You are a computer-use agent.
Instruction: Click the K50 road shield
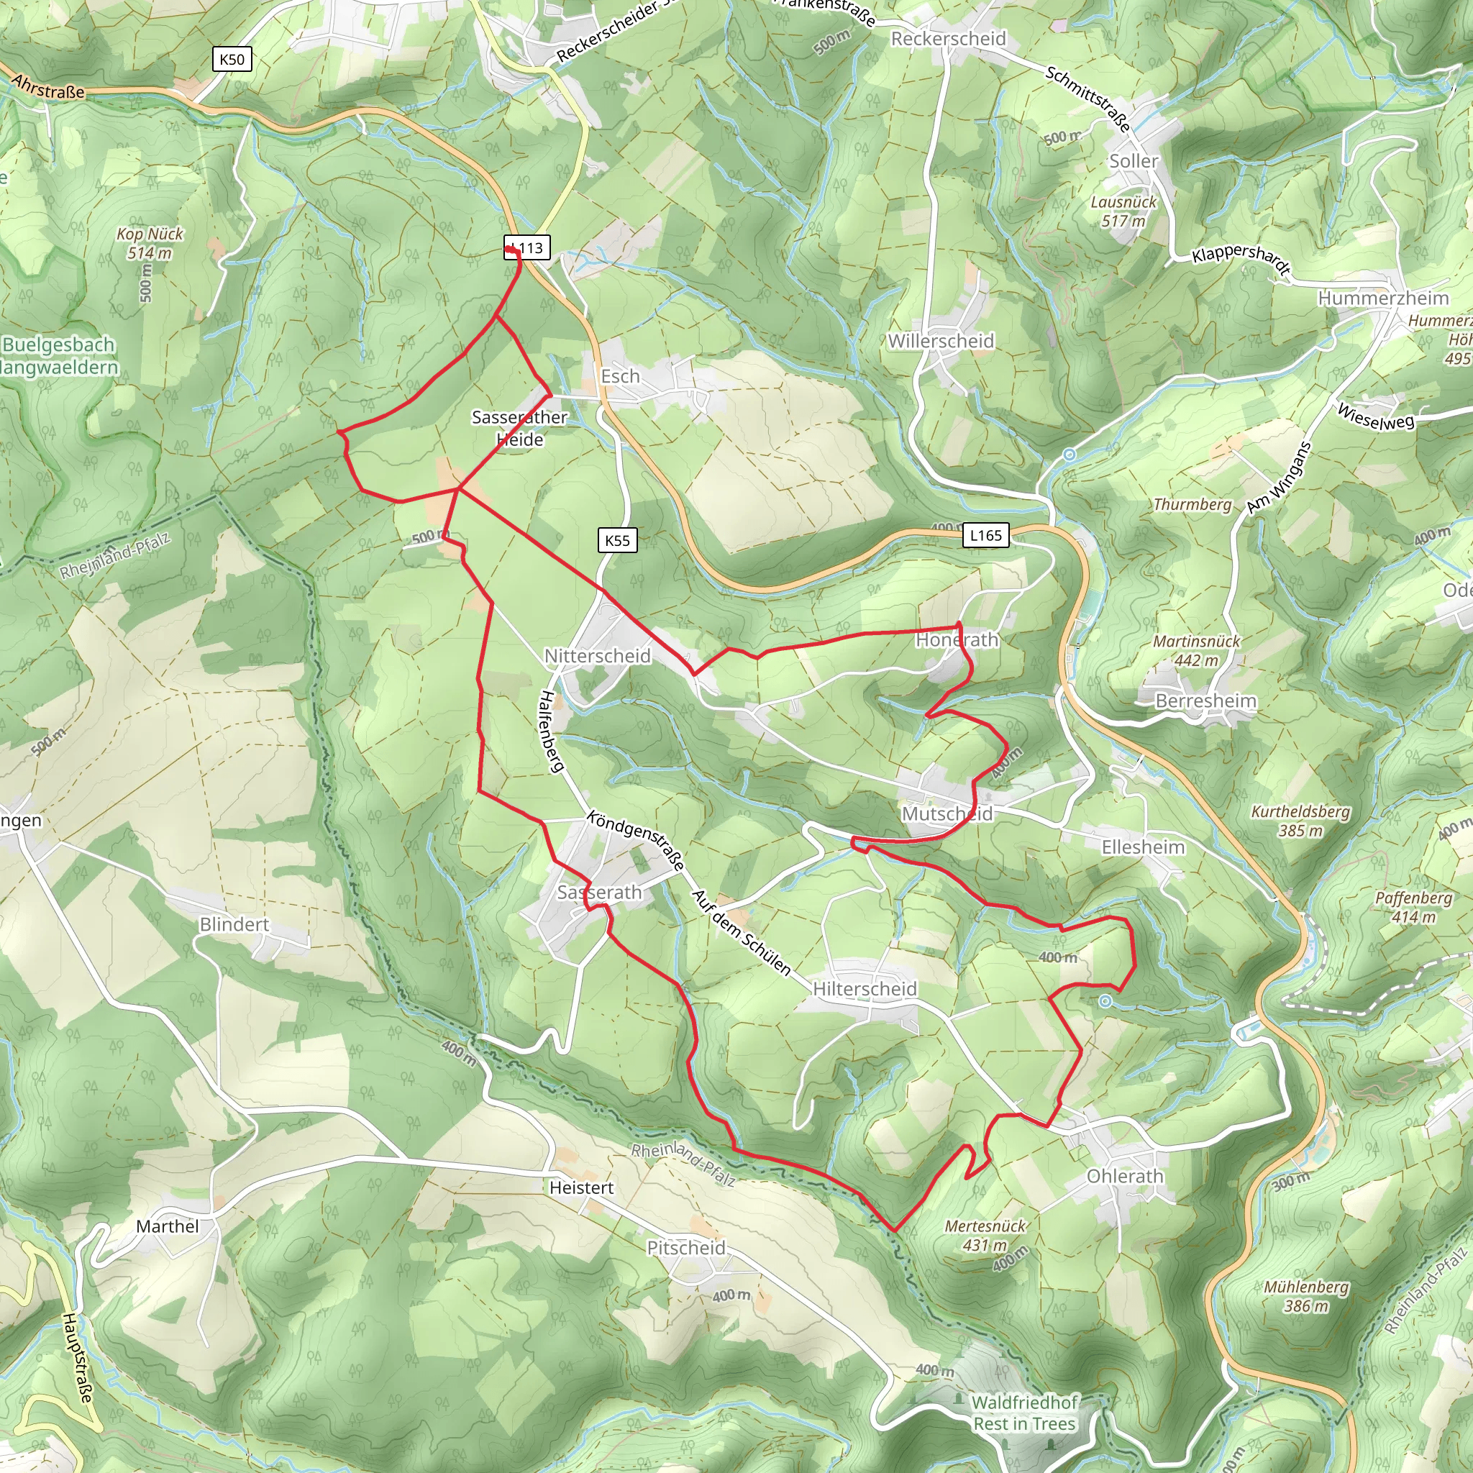[232, 60]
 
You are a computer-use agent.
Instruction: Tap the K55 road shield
[617, 541]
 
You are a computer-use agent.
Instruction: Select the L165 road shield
[985, 535]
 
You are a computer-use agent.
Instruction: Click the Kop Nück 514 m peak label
[150, 243]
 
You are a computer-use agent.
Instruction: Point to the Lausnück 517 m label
[1123, 211]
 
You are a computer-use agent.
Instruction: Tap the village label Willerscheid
[941, 342]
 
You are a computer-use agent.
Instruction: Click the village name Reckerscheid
[949, 39]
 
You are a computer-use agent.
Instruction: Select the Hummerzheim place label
[1383, 298]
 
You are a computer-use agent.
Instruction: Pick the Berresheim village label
[1205, 701]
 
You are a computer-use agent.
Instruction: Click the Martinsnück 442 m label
[1196, 650]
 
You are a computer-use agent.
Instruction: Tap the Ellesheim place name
[1143, 847]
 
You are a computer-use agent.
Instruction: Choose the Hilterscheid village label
[865, 989]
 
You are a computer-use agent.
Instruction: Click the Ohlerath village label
[1125, 1176]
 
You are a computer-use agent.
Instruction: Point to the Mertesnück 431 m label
[985, 1235]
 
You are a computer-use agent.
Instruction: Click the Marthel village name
[167, 1226]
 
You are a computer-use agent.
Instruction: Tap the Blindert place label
[234, 924]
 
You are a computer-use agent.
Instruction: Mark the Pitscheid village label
[686, 1247]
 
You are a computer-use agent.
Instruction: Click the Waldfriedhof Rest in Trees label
[1025, 1413]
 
